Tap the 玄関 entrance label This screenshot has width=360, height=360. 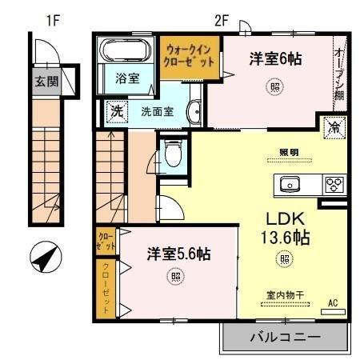click(46, 82)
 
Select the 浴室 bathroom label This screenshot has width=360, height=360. click(127, 79)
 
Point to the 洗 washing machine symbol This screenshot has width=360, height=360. click(117, 110)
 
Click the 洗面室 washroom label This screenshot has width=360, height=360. click(157, 111)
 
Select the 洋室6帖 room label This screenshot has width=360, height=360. click(275, 58)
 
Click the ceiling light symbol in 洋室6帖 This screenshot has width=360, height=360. click(274, 86)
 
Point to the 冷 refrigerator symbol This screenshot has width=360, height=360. click(331, 127)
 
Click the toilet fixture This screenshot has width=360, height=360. click(172, 152)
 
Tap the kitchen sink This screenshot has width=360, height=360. click(290, 185)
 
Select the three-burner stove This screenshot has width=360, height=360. click(333, 185)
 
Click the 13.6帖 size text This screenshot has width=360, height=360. click(283, 238)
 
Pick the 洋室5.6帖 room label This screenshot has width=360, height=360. click(178, 254)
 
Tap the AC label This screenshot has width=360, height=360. click(334, 303)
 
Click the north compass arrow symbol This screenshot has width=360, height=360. click(46, 258)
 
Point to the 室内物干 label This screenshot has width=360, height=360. click(283, 295)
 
